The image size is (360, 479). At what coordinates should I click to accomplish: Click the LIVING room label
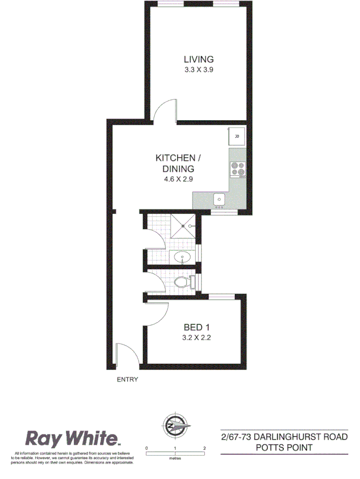tap(198, 59)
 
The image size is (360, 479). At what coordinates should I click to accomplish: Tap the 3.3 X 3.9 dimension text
tap(198, 69)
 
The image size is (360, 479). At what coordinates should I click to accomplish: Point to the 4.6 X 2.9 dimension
tap(178, 179)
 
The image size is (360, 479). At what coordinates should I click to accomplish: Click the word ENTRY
tap(127, 379)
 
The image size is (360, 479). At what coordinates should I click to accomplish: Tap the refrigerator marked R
tap(237, 137)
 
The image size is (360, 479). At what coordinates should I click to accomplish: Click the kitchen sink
tap(219, 199)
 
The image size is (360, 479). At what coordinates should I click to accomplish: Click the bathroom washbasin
tap(182, 258)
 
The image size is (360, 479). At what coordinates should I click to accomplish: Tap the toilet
tap(182, 282)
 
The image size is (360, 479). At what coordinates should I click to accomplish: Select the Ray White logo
tap(73, 439)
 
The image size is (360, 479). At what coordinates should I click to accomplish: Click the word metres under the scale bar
tap(175, 458)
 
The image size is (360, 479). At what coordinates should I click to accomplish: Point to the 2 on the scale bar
tap(204, 448)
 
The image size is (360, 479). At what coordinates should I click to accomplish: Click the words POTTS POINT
tap(284, 448)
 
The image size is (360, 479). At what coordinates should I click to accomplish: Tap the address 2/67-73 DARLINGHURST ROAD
tap(284, 437)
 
